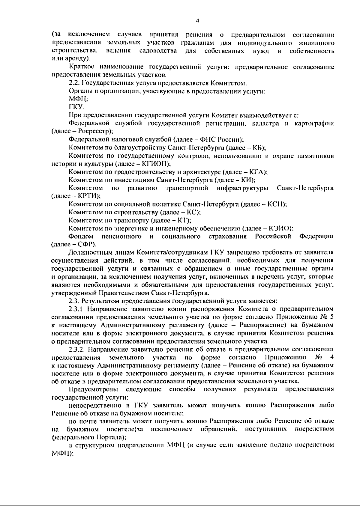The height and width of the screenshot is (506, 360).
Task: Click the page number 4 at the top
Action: [x=197, y=21]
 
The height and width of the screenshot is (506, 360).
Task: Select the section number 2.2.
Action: [x=74, y=83]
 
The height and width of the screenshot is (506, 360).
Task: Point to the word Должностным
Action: [x=87, y=252]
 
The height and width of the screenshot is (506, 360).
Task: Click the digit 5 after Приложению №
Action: [x=331, y=317]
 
